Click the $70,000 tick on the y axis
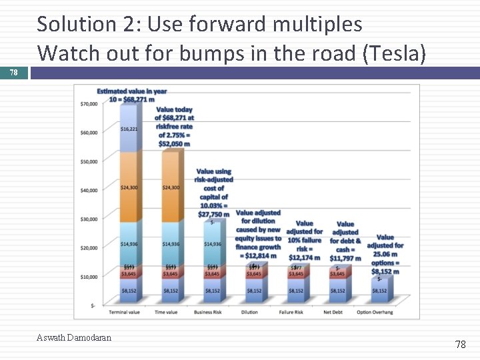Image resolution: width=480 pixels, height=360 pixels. point(89,103)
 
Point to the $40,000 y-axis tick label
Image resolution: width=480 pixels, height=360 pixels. point(89,190)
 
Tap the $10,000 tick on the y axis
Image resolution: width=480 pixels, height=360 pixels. point(89,277)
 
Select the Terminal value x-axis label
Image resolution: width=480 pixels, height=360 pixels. point(129,311)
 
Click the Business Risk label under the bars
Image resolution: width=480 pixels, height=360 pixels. point(212,311)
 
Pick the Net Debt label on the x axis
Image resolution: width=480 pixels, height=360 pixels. point(337,311)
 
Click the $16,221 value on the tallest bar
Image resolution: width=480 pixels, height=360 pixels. point(129,129)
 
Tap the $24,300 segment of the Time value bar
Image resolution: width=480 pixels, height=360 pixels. point(171,187)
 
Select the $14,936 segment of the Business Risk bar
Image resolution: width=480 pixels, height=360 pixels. point(212,244)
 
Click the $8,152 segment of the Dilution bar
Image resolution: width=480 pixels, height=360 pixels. point(254,291)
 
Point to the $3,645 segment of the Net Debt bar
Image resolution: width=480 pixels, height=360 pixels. point(337,274)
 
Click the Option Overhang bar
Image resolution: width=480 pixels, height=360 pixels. point(379,290)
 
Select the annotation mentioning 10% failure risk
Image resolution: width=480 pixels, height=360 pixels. point(304,241)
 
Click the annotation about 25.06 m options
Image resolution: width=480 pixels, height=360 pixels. point(385,254)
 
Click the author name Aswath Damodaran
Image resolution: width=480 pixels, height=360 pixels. point(74,337)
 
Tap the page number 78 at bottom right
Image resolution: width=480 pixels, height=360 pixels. point(460,344)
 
